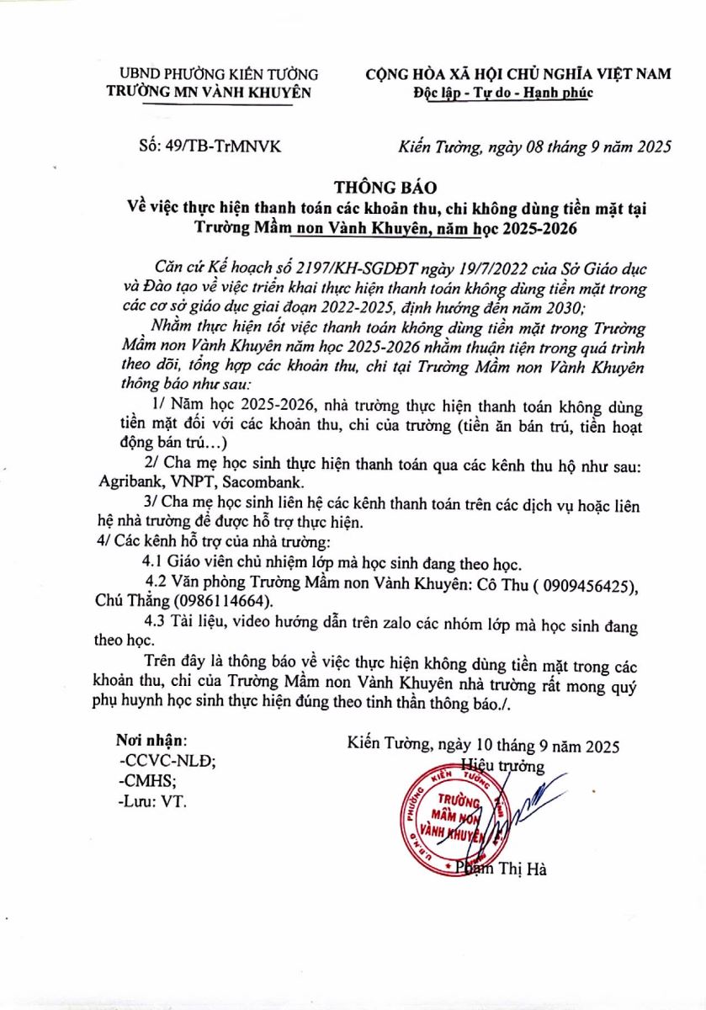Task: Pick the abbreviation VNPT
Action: click(x=189, y=483)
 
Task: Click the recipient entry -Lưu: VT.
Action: click(x=152, y=800)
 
